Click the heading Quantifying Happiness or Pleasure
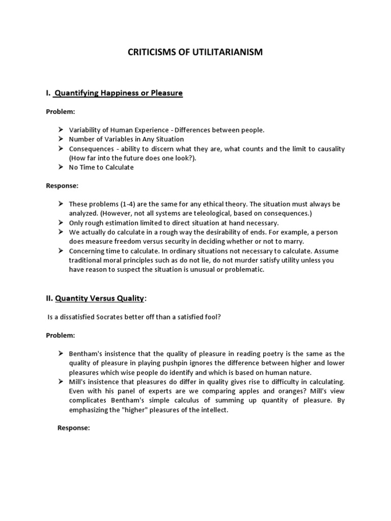[x=118, y=93]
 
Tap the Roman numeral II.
[x=49, y=298]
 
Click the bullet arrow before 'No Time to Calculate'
[x=60, y=167]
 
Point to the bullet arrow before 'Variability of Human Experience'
[x=60, y=130]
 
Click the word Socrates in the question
[x=106, y=317]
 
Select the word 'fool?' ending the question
[x=212, y=317]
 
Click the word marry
[x=293, y=242]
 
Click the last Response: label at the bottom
[x=73, y=428]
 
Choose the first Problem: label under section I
[x=60, y=111]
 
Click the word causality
[x=329, y=149]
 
